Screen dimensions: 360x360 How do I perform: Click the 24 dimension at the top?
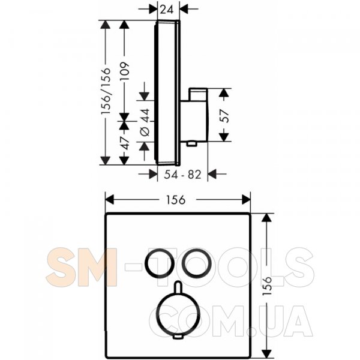coord(166,10)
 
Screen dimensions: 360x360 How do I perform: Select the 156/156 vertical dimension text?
coord(106,91)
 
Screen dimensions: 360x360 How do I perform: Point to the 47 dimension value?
coord(125,143)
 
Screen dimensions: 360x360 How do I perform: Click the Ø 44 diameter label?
coord(145,122)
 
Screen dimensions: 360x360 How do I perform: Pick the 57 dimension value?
coord(224,116)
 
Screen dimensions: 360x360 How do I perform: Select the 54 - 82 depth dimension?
coord(182,174)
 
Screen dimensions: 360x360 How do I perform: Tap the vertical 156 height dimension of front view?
coord(267,286)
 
